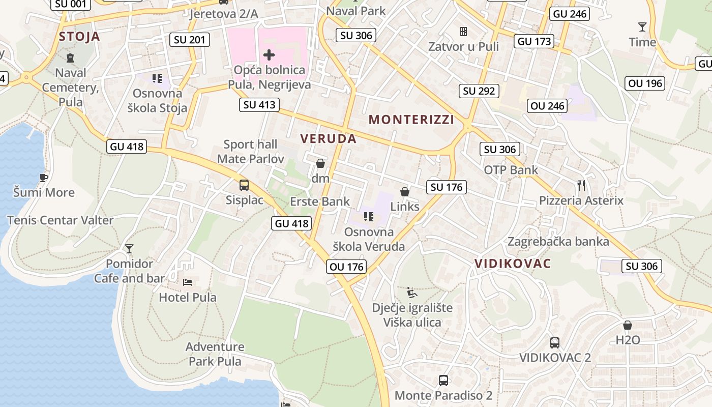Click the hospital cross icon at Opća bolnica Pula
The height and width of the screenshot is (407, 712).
coord(269,54)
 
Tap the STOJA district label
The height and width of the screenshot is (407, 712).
coord(79,36)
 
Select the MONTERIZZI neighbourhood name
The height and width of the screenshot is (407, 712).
coord(411,120)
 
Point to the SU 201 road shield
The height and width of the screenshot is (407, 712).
coord(189,40)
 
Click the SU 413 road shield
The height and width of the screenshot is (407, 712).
coord(259,105)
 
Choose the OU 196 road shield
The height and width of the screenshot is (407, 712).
coord(645,83)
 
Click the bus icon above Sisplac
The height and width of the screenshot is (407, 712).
coord(244,185)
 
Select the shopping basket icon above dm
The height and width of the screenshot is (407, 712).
coord(320,163)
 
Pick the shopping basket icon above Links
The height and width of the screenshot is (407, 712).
coord(405,191)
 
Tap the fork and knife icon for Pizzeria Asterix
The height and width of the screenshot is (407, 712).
coord(581,185)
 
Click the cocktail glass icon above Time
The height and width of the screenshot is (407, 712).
coord(642,27)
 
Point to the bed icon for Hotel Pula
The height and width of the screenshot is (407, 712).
coord(188,281)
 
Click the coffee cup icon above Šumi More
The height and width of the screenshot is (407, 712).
coord(44,178)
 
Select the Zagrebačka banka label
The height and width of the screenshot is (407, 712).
coord(558,241)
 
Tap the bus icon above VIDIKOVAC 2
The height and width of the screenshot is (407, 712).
coord(555,342)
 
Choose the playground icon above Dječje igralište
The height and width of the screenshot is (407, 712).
coord(412,293)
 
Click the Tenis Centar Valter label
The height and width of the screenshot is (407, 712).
coord(60,220)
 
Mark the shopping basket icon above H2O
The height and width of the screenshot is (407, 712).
coord(628,325)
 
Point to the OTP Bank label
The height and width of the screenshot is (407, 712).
coord(511,170)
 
